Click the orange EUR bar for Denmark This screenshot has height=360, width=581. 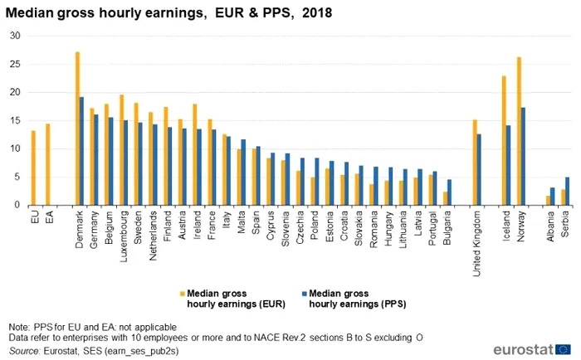tap(77, 129)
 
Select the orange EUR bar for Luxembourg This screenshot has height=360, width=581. tap(122, 150)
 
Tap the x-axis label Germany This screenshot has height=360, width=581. tap(94, 227)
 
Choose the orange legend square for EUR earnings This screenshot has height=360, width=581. tap(182, 293)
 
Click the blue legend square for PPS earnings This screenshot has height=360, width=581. tap(304, 293)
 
